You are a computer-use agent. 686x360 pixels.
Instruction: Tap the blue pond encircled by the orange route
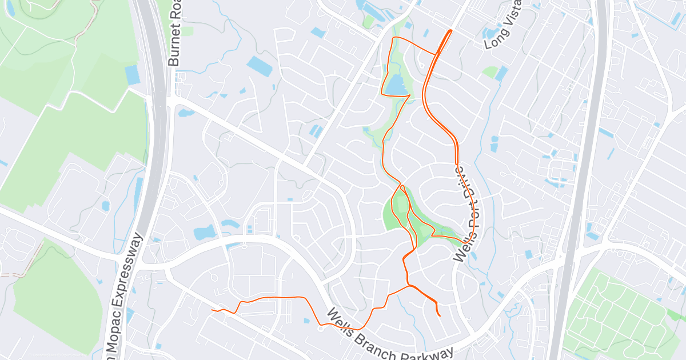(396, 86)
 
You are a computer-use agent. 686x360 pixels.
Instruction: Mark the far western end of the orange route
(212, 310)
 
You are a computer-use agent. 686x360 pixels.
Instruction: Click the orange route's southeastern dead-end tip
(439, 315)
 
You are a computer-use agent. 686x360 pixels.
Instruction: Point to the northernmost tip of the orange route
(452, 30)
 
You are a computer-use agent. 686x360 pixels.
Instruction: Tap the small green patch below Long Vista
(489, 72)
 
